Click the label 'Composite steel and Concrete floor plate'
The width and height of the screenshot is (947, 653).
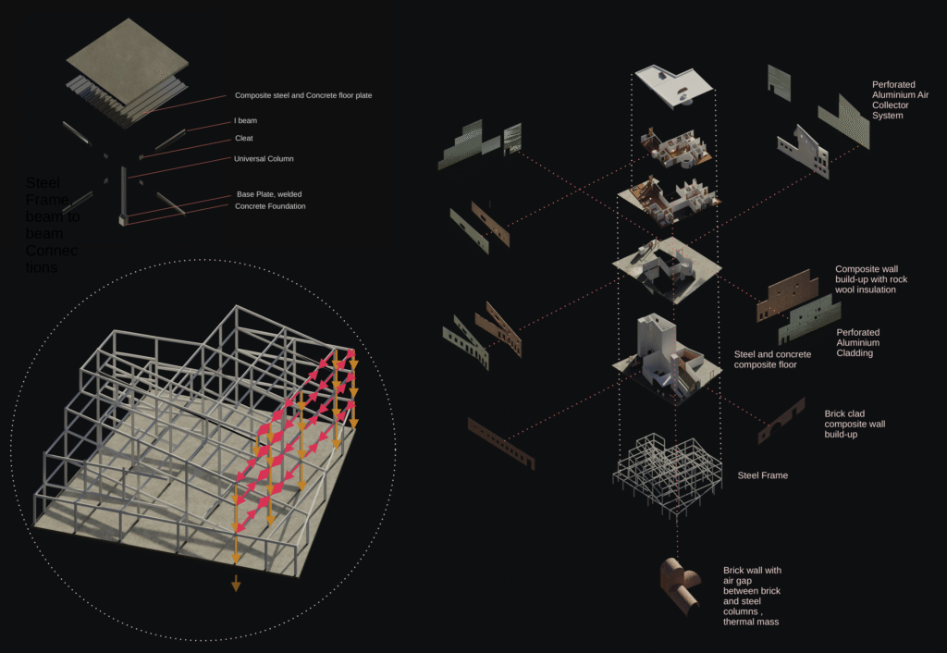(x=303, y=95)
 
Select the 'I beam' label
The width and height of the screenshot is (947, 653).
(x=246, y=121)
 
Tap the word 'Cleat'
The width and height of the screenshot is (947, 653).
(x=244, y=139)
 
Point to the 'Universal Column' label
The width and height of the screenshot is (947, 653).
(x=264, y=159)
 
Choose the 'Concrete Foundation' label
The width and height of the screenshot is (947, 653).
(x=271, y=206)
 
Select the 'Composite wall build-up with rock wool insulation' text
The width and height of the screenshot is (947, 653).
(x=879, y=279)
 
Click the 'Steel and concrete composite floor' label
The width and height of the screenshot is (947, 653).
(x=772, y=360)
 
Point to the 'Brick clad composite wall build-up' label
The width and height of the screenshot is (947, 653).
(x=855, y=424)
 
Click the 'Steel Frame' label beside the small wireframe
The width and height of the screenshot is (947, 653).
(x=762, y=475)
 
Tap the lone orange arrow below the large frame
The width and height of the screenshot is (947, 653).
(x=236, y=583)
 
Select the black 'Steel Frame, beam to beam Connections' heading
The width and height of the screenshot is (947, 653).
(x=54, y=225)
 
